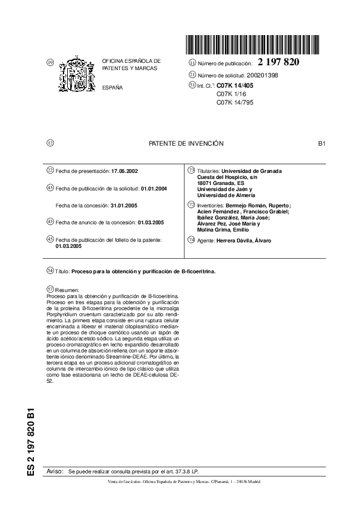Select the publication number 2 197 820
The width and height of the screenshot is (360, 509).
point(278,62)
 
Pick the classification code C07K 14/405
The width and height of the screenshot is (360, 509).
point(237,86)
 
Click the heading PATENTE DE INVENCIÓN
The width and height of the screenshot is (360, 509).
point(186,143)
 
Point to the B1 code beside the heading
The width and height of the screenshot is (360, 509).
point(322,143)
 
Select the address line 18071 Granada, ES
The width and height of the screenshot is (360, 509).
point(221,183)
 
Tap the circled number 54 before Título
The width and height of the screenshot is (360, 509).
point(50,271)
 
